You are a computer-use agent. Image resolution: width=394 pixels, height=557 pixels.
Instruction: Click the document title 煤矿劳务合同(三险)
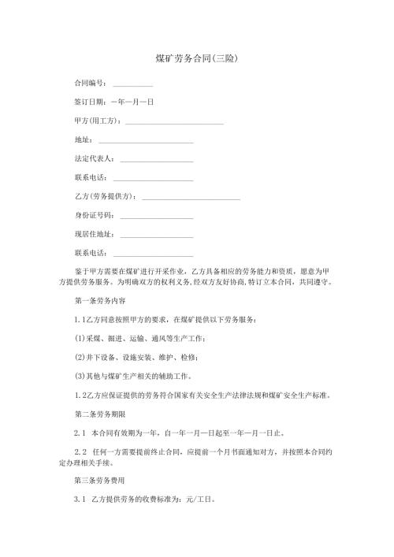(x=197, y=59)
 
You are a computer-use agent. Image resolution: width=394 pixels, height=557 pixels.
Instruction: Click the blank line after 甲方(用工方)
(x=174, y=123)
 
